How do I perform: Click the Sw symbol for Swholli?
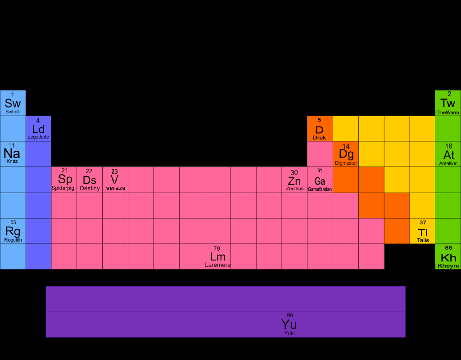(13, 103)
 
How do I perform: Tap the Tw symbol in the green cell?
(448, 103)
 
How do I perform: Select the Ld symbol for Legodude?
(38, 129)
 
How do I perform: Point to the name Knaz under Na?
(12, 161)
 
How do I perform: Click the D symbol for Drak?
(319, 130)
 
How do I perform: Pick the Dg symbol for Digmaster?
(346, 154)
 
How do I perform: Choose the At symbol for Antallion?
(448, 155)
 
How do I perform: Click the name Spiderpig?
(63, 188)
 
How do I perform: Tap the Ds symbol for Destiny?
(90, 180)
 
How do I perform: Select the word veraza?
(116, 188)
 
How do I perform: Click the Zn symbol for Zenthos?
(294, 181)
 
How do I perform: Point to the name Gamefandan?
(320, 189)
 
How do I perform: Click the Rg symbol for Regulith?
(13, 231)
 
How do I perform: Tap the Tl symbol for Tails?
(423, 232)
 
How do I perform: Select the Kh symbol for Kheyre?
(448, 258)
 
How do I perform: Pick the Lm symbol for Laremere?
(217, 256)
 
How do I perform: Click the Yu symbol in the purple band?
(289, 324)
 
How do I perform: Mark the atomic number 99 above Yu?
(290, 315)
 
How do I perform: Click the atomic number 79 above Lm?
(217, 248)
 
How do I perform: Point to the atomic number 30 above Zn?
(294, 173)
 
